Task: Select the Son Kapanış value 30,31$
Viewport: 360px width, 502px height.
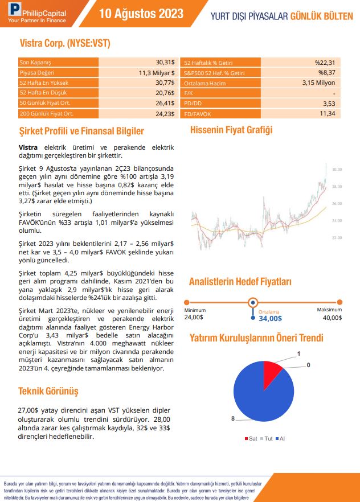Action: [x=165, y=62]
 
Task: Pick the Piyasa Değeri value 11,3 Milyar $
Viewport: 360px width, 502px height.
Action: [x=157, y=72]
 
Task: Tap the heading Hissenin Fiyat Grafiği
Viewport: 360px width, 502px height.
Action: [x=231, y=130]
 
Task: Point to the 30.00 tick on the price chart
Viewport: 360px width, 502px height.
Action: [x=337, y=170]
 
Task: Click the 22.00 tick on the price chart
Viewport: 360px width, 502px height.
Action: [x=337, y=237]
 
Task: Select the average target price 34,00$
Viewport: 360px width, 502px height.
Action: [x=269, y=319]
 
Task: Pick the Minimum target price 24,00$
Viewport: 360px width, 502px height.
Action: [x=194, y=317]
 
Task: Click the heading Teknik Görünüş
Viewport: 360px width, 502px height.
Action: [x=48, y=392]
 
